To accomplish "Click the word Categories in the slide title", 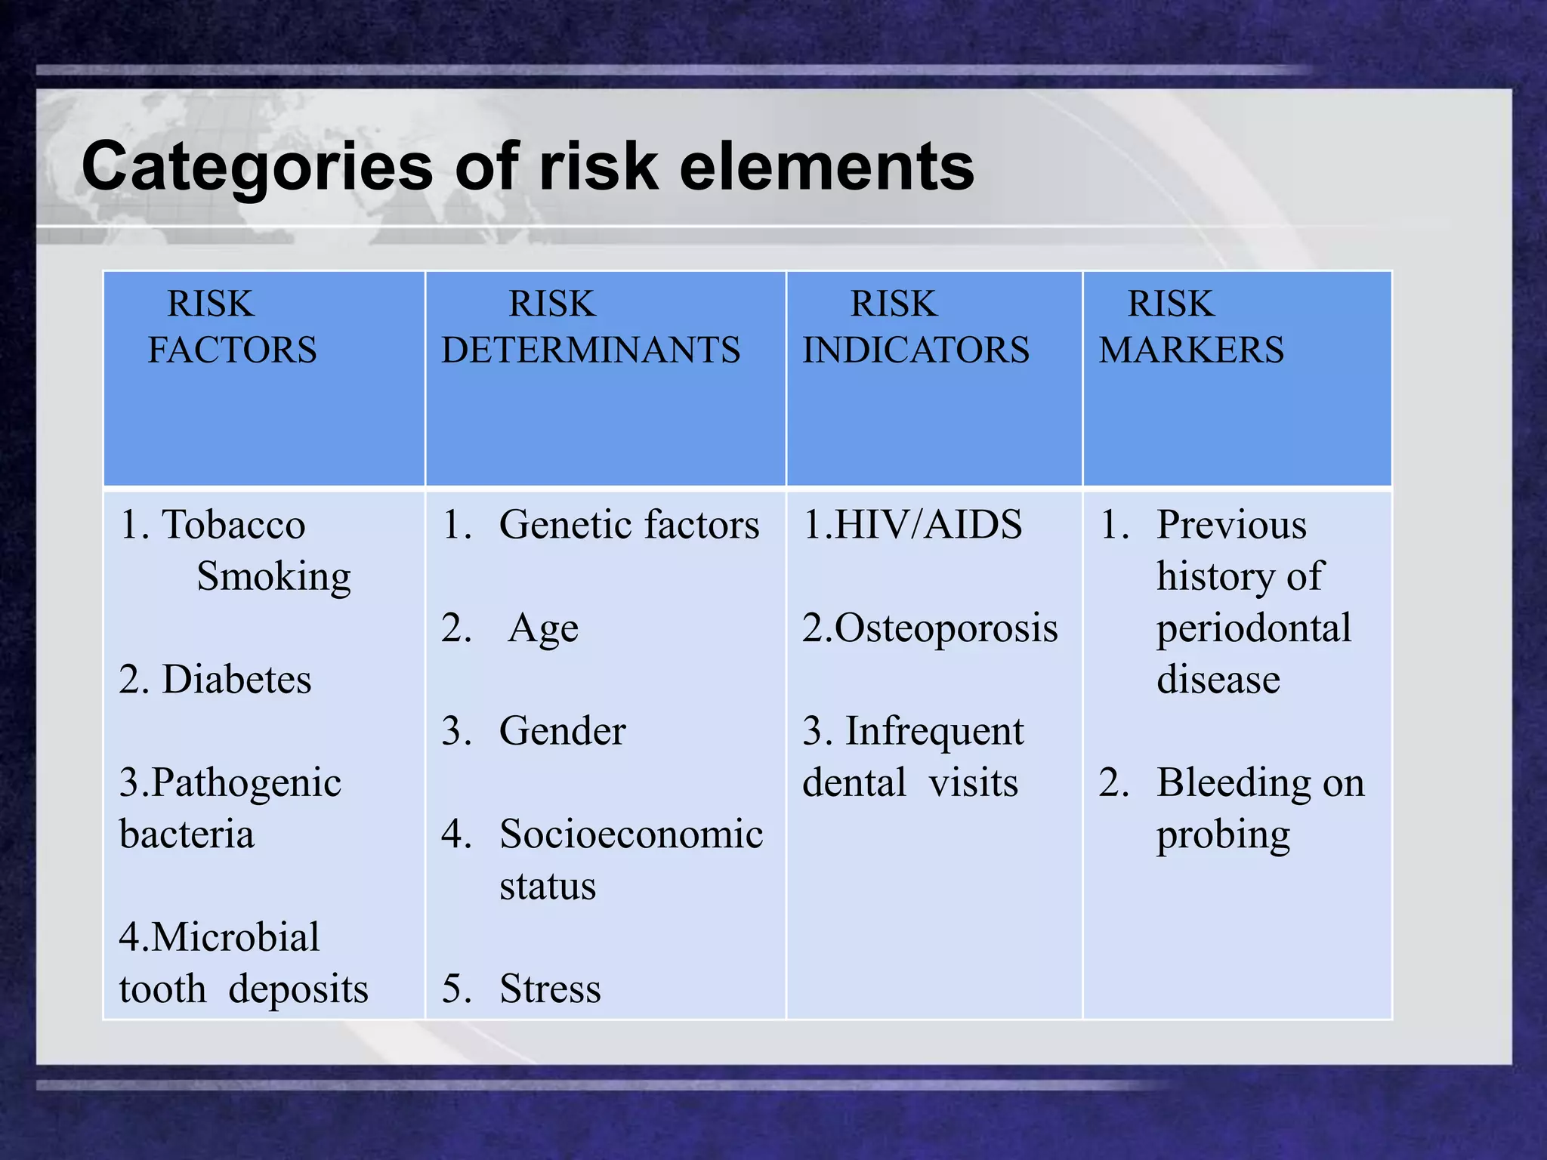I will pos(257,168).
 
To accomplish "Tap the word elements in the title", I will pos(826,168).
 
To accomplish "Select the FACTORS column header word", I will pos(232,350).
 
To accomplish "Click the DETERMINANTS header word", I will pos(591,350).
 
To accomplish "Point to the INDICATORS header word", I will pos(916,350).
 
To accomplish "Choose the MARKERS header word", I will pos(1191,350).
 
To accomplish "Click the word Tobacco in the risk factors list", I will pos(233,525).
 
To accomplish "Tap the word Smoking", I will pos(273,577).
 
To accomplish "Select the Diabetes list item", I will pos(236,680).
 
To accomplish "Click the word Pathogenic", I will pos(246,783).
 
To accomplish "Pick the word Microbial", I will pos(235,938).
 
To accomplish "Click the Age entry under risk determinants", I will pos(543,629).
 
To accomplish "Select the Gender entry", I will pos(563,731).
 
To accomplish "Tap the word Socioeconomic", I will pos(631,835).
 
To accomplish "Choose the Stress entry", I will pos(550,989).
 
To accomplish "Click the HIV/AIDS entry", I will pos(928,525).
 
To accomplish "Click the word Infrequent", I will pos(934,732).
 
